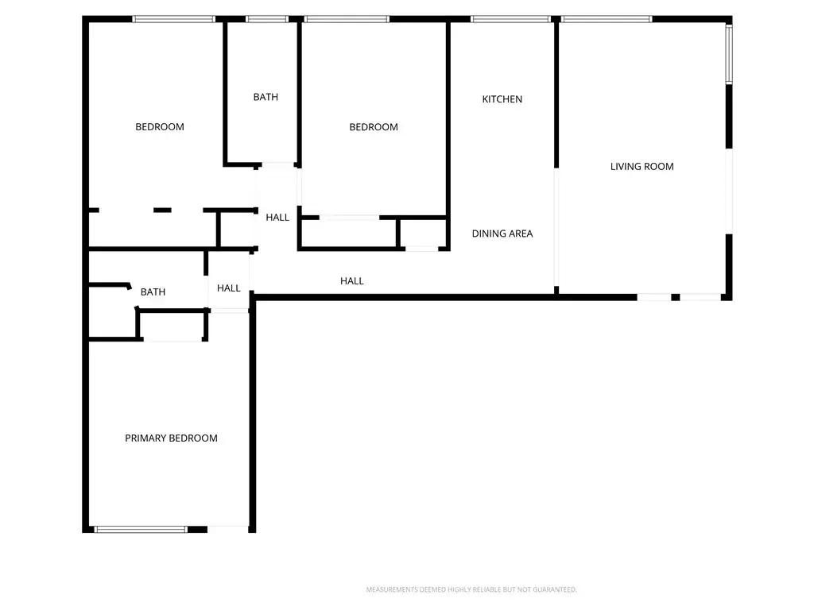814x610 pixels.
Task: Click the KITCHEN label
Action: click(502, 99)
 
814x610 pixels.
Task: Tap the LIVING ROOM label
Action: click(642, 167)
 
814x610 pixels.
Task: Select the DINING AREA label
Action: click(502, 234)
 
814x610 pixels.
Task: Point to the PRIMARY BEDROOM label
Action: click(171, 438)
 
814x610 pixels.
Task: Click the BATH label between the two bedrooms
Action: click(266, 97)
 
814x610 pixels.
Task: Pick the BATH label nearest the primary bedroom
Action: click(153, 292)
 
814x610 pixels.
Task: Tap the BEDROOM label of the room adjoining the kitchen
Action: click(374, 127)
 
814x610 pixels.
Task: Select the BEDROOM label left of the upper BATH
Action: click(159, 127)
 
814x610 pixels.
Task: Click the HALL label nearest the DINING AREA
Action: click(351, 281)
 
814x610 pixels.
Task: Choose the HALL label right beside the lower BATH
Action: click(228, 288)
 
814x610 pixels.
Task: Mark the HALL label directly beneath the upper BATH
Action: click(277, 218)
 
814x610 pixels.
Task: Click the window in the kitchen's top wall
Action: click(510, 19)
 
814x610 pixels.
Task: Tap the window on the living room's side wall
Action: click(729, 54)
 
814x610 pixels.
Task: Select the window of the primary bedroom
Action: click(140, 530)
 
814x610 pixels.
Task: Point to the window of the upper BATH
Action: click(267, 19)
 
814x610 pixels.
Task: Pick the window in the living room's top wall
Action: click(607, 19)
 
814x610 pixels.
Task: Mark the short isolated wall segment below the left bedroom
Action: click(162, 210)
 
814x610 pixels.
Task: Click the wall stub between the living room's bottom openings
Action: click(676, 297)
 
